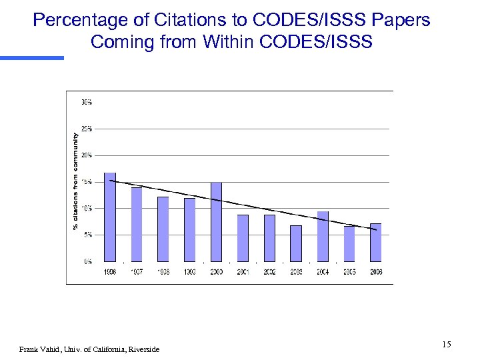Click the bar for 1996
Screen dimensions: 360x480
[110, 217]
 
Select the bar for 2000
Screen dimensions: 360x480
[216, 222]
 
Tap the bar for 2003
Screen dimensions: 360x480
[296, 243]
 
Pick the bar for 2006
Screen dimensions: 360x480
[376, 243]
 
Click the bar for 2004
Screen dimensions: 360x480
[323, 237]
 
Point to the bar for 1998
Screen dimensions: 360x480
[163, 229]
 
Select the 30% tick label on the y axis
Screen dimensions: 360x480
[87, 102]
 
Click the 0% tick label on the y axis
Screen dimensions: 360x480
[88, 261]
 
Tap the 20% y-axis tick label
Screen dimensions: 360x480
[87, 155]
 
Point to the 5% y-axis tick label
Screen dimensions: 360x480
[88, 235]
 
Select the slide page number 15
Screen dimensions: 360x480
[446, 344]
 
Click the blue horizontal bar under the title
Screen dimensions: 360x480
[32, 58]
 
